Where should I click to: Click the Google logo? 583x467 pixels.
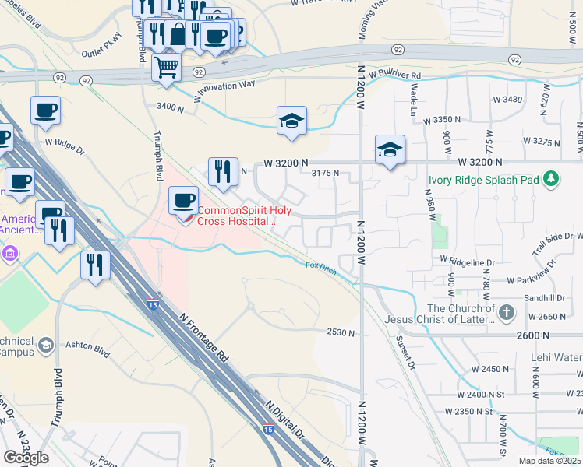click(x=26, y=457)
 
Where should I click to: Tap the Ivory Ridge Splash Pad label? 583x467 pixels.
click(x=483, y=180)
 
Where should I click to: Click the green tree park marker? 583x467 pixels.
click(x=552, y=179)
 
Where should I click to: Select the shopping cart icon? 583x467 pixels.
click(x=166, y=67)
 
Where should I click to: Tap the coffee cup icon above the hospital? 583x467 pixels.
click(x=183, y=201)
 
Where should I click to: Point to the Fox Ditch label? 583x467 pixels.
click(x=320, y=266)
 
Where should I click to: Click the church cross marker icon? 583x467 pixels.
click(x=507, y=313)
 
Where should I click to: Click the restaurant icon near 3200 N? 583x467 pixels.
click(x=223, y=171)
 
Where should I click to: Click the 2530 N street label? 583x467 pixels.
click(x=341, y=332)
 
